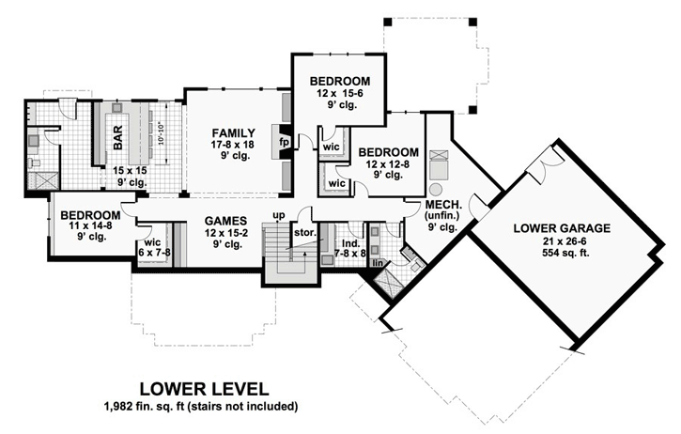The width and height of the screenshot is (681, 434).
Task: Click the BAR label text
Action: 119,144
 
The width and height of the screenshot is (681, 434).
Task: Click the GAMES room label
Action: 225,222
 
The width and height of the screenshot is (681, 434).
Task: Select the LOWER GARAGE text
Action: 562,227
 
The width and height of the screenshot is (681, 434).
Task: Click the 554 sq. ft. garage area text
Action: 562,254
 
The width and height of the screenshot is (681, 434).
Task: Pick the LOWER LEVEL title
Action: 204,388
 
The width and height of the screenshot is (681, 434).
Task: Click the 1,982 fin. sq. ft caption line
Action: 204,407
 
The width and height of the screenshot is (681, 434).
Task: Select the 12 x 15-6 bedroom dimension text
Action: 339,96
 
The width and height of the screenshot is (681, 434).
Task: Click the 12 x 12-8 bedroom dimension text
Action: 387,163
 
